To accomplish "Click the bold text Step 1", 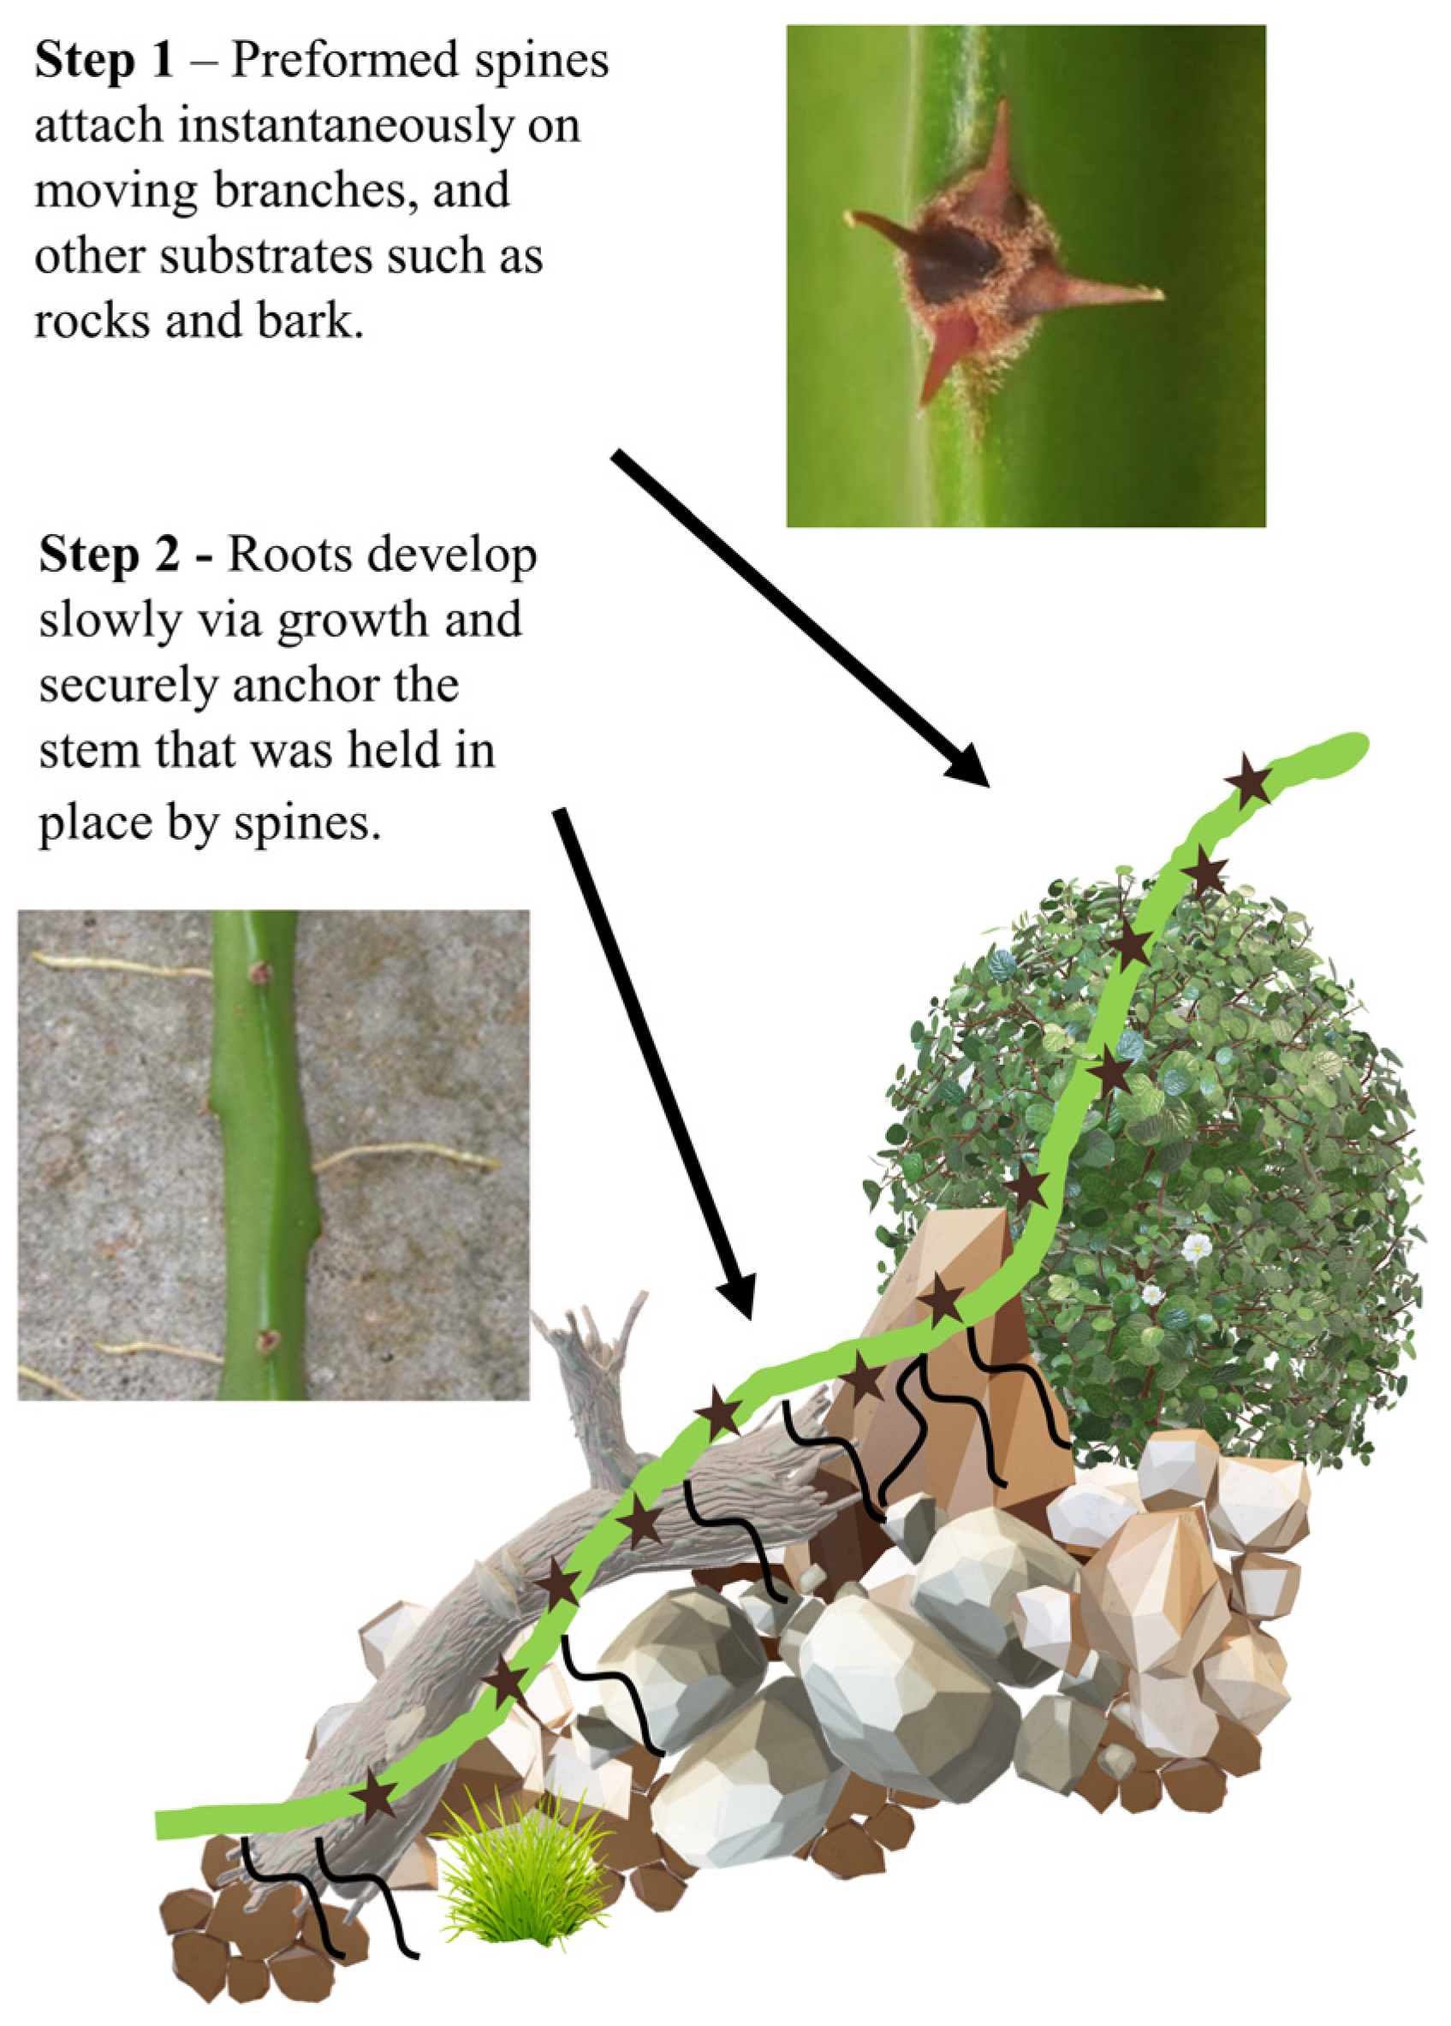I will tap(104, 61).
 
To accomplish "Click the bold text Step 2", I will tap(108, 556).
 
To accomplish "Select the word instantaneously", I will tap(346, 126).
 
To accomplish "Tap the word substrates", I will tap(269, 258).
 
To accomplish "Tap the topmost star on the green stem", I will tap(1248, 781).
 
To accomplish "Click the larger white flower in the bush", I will tap(1195, 1248).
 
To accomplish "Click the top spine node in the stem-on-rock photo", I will tap(259, 973).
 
